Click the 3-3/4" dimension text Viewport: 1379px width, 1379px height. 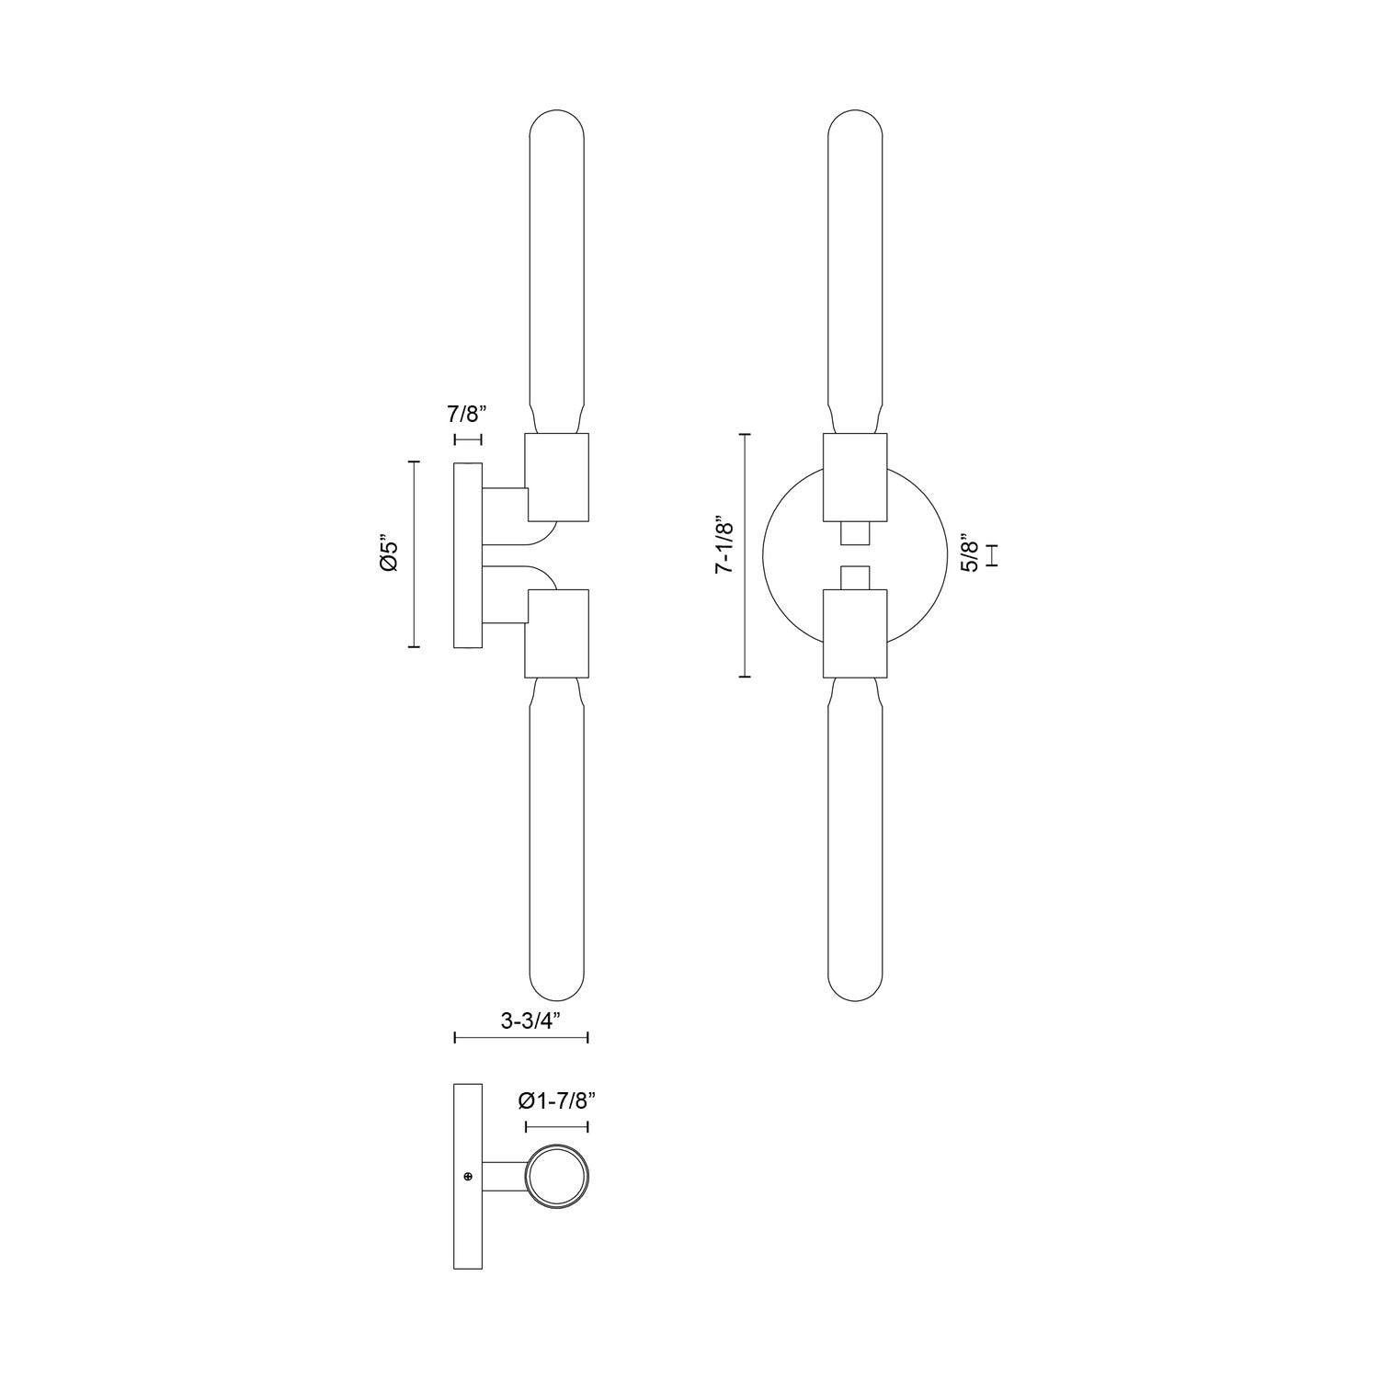(520, 1020)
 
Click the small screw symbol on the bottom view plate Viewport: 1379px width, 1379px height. (468, 1176)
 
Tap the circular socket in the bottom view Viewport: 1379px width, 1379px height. (557, 1176)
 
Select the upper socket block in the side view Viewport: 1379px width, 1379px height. (556, 478)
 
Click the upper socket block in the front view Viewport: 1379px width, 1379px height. (855, 477)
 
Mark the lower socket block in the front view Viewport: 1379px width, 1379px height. (855, 633)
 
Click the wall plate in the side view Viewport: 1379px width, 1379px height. (468, 555)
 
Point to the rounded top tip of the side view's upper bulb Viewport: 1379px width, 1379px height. (557, 114)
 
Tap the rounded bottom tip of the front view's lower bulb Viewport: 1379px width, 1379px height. (855, 997)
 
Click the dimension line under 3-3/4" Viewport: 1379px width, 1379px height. (521, 1038)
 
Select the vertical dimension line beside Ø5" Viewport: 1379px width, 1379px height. (414, 555)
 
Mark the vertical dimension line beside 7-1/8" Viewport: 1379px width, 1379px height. (745, 555)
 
